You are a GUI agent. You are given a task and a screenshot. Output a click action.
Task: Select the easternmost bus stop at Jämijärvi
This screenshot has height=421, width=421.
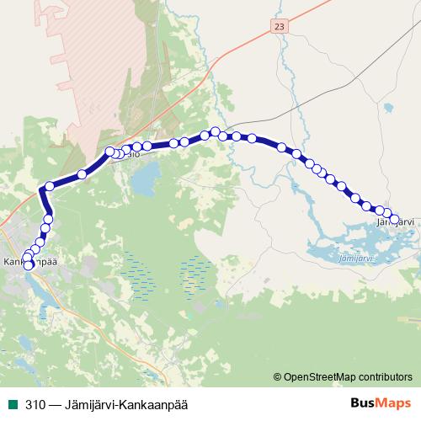tap(393, 219)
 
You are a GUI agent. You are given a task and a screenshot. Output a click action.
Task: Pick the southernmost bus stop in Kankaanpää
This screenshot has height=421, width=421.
tap(29, 265)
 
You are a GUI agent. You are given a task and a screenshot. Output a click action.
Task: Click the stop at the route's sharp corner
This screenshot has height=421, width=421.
tap(50, 186)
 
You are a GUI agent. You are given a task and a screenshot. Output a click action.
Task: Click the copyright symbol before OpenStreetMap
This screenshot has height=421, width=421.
tap(277, 376)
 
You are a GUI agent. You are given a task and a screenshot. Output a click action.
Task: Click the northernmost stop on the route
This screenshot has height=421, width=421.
tap(216, 131)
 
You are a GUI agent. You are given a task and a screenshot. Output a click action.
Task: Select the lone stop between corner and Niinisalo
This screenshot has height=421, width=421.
tap(82, 174)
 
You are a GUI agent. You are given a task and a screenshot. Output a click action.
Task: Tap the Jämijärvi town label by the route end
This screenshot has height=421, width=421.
tap(396, 221)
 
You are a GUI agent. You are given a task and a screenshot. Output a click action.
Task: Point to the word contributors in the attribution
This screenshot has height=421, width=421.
tap(382, 376)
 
